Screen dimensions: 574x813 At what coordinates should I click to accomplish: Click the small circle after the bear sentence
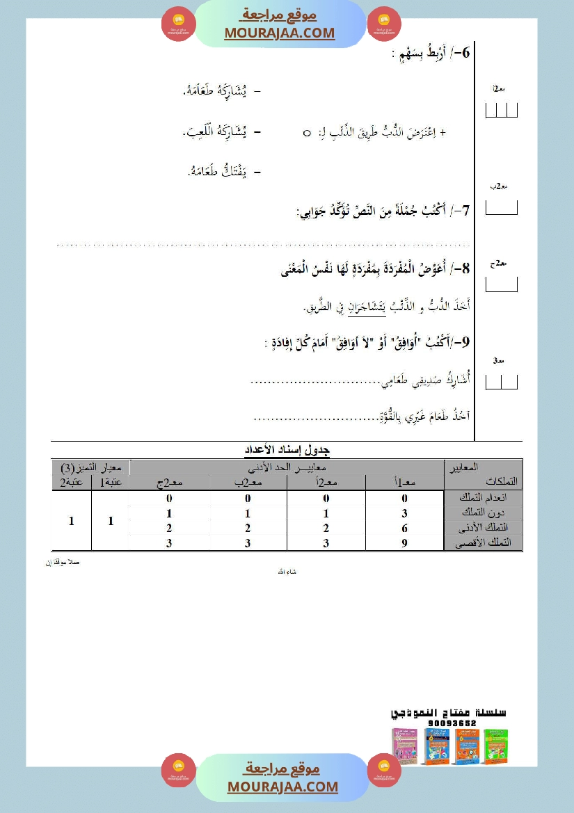tap(307, 132)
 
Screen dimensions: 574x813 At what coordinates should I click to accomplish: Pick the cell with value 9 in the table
tap(404, 544)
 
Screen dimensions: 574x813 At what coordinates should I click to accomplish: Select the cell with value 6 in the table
tap(404, 529)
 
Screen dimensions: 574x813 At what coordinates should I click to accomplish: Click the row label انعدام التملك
tap(484, 499)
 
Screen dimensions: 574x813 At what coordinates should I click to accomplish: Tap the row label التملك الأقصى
tap(484, 543)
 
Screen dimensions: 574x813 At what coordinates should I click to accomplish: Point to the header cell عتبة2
tap(71, 482)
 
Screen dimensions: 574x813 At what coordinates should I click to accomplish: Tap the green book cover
tap(495, 746)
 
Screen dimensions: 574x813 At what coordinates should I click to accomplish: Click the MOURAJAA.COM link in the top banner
tap(280, 33)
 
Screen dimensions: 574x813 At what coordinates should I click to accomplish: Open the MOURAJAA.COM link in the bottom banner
tap(282, 787)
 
